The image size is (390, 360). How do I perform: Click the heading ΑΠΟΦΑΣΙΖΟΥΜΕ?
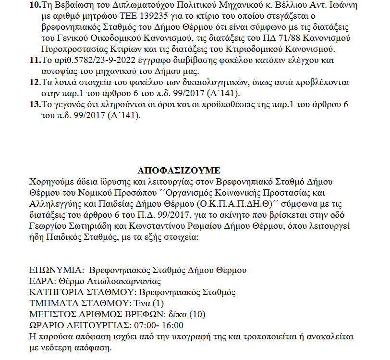tap(179, 170)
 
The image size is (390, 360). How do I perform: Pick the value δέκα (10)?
tap(185, 314)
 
